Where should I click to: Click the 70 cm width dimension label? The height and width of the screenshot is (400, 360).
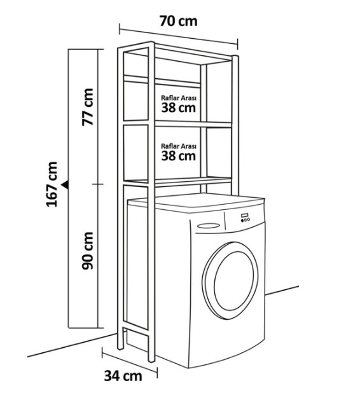coord(178,21)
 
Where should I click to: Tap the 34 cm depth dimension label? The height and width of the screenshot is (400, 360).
coord(123,376)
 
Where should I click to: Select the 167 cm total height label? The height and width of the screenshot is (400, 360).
coord(52,184)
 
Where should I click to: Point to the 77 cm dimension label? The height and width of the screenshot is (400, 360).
coord(88,107)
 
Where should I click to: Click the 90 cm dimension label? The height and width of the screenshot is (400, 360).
coord(88,251)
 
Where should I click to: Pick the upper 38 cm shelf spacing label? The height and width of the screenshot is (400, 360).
coord(179,107)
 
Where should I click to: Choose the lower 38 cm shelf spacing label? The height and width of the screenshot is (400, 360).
coord(179,156)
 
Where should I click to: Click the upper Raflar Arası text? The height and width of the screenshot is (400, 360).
coord(179,98)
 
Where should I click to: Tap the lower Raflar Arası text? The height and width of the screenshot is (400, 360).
coord(179,146)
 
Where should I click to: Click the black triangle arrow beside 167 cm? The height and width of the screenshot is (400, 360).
coord(66,184)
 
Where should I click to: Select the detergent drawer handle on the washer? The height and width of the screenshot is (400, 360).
coord(209,226)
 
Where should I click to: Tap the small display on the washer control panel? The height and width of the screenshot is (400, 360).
coord(245,216)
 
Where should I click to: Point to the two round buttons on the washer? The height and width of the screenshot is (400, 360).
coord(245,219)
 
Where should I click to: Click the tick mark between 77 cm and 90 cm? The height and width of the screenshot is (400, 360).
coord(98,184)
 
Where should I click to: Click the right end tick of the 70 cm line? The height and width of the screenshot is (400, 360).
coord(237,45)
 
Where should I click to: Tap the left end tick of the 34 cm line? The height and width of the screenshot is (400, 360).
coord(102,352)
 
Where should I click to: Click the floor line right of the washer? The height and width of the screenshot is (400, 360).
coord(282,291)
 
